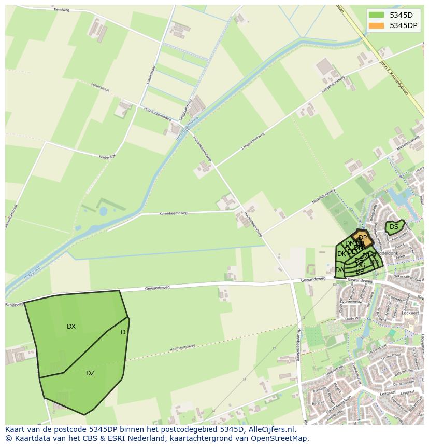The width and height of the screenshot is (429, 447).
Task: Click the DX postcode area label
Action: (x=71, y=327)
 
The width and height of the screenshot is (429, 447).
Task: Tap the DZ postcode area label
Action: (x=90, y=373)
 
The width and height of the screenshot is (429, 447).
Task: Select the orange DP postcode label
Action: (x=363, y=238)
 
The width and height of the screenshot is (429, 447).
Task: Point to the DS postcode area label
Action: (x=394, y=227)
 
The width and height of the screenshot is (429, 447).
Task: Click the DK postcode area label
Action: (x=341, y=254)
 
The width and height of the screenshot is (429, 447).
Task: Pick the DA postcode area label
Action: (x=339, y=270)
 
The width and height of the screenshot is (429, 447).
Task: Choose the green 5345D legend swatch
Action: (x=376, y=15)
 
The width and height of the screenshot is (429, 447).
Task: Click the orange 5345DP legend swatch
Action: (x=376, y=25)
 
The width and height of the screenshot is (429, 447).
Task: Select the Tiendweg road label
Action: (x=61, y=10)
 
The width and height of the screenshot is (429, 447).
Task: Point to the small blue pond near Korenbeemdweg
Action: (x=103, y=211)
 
